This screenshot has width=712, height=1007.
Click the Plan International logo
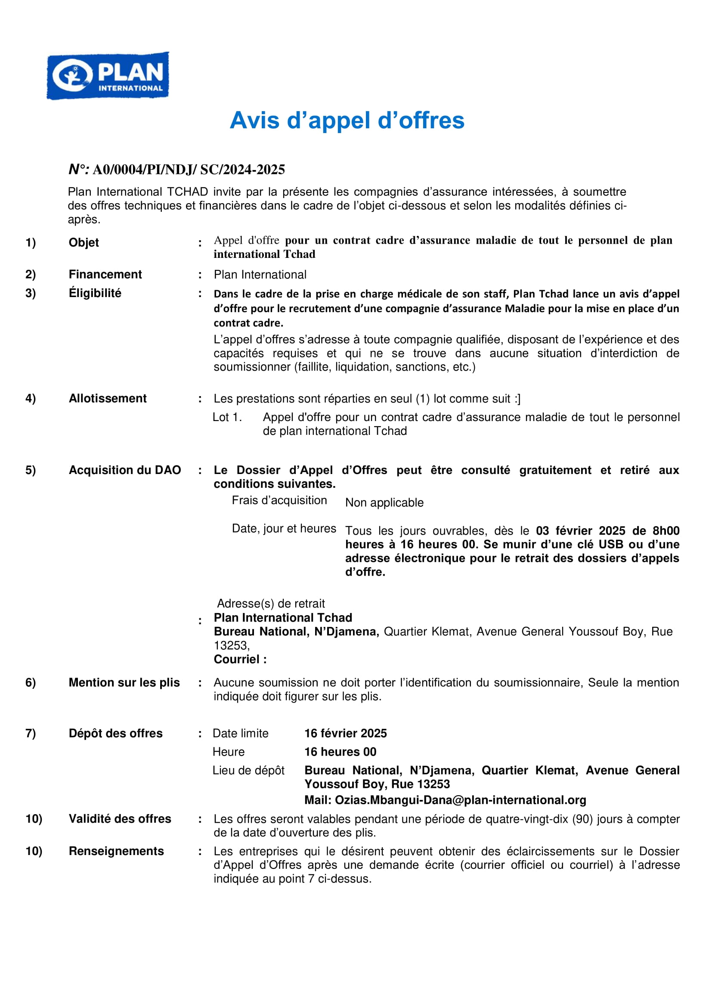tap(108, 76)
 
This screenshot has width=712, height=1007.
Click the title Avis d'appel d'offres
tap(347, 120)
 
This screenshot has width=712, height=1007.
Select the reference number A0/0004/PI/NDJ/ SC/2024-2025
tap(189, 169)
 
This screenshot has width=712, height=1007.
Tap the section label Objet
tap(84, 242)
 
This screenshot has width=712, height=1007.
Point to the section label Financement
tap(105, 274)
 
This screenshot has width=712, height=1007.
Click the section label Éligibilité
tap(95, 293)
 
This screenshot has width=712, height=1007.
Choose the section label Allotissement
tap(108, 398)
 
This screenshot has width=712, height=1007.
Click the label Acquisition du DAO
tap(124, 470)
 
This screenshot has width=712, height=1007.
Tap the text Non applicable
tap(384, 502)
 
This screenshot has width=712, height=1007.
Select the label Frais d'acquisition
tap(279, 500)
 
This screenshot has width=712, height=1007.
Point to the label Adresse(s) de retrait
tap(271, 604)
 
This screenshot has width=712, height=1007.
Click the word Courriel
tap(236, 659)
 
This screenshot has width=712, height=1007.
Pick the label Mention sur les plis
tap(124, 682)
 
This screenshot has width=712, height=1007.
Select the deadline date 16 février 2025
tap(346, 733)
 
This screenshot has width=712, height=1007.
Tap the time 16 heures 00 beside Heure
tap(340, 752)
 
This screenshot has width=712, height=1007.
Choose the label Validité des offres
tap(120, 819)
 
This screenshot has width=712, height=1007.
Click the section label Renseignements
tap(116, 851)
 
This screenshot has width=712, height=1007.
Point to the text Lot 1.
tap(227, 417)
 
